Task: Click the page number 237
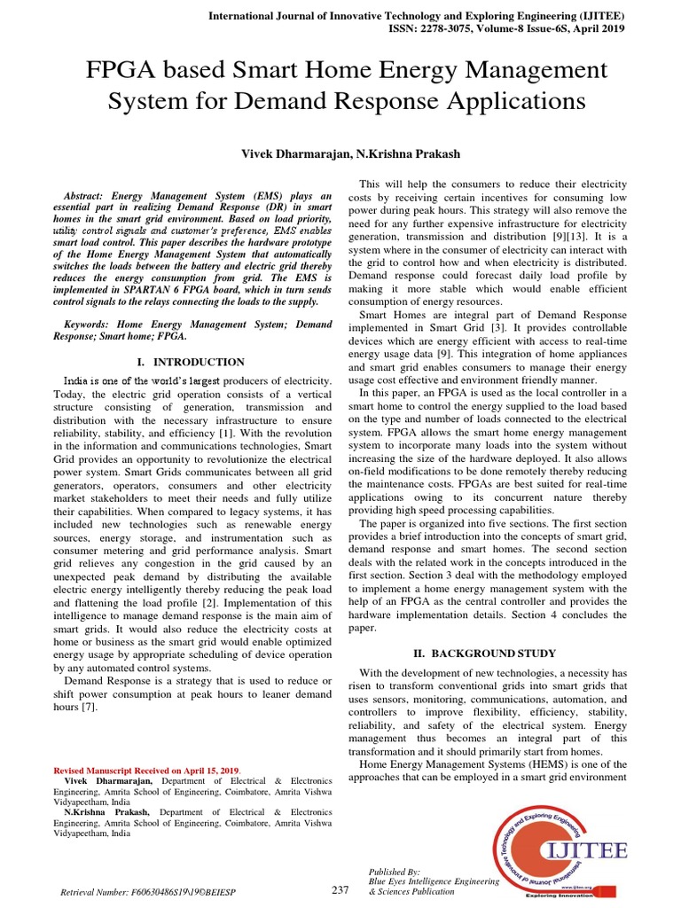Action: point(340,890)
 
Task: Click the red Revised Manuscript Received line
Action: point(146,770)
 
